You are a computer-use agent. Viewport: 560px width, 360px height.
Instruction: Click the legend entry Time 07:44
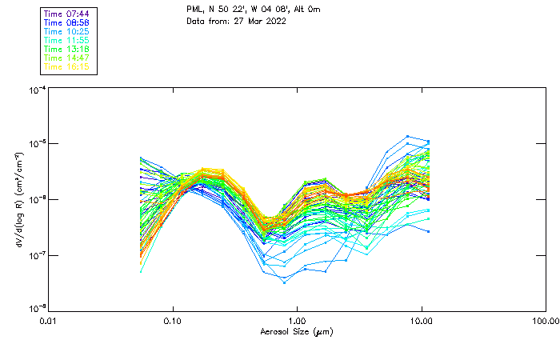click(67, 14)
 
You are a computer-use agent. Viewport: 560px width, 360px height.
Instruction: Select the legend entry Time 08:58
click(67, 23)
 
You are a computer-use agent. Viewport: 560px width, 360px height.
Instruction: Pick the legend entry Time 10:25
click(67, 32)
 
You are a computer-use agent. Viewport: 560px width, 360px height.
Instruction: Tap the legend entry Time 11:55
click(67, 41)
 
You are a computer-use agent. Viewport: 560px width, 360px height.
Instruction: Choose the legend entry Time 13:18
click(67, 50)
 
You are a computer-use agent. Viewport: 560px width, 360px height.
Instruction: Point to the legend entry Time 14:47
click(67, 58)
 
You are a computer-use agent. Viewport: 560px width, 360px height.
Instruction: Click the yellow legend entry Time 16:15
click(67, 67)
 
